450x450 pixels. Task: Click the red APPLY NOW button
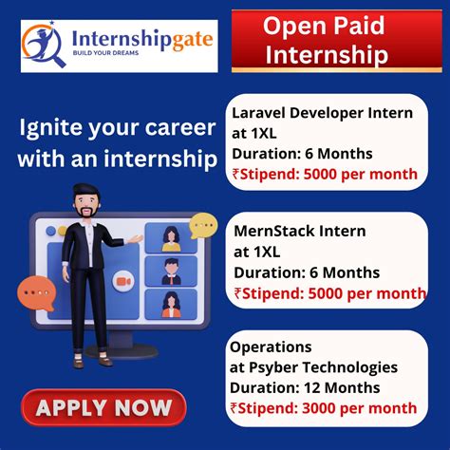click(x=103, y=408)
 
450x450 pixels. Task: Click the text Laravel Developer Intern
click(x=323, y=113)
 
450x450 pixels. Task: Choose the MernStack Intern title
click(x=299, y=231)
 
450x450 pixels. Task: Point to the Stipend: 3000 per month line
click(x=328, y=408)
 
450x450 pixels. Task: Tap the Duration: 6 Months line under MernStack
click(x=306, y=272)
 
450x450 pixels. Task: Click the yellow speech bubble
click(x=203, y=226)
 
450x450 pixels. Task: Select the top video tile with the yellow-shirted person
click(x=172, y=235)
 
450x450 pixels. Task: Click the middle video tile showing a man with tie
click(x=172, y=270)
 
